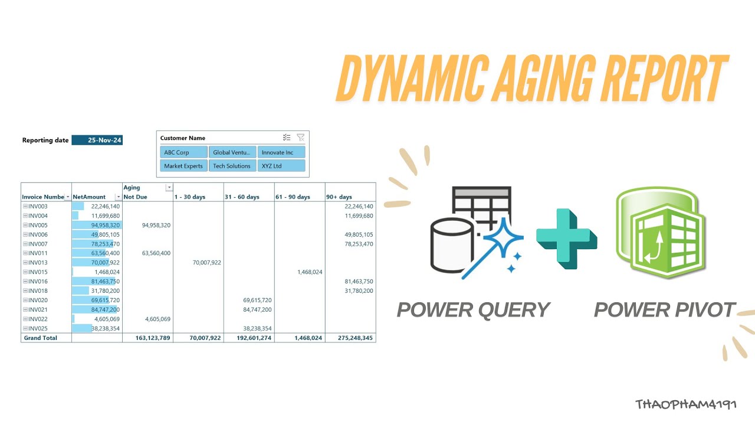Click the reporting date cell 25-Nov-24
point(97,140)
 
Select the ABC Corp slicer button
point(183,152)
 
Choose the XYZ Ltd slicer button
point(281,166)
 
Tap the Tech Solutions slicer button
point(232,166)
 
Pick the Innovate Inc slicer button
point(281,152)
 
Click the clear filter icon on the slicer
point(300,138)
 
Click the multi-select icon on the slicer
point(287,138)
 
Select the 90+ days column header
point(339,197)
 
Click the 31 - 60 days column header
point(242,197)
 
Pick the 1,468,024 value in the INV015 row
point(309,272)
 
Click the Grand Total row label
point(40,338)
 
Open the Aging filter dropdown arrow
point(169,188)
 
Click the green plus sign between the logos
point(564,238)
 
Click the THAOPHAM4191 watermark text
point(685,404)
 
